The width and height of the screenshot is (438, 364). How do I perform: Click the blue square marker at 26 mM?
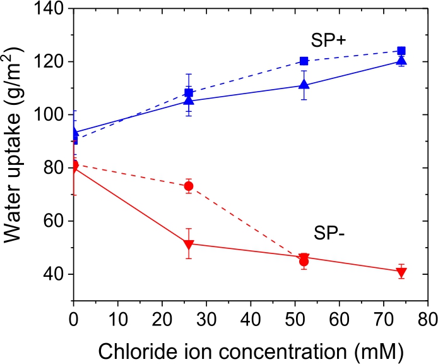[x=189, y=93]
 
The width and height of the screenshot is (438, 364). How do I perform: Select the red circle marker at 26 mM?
[x=189, y=186]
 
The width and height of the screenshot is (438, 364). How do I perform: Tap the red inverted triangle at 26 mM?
[x=189, y=245]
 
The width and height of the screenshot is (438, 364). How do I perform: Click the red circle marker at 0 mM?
[x=74, y=165]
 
